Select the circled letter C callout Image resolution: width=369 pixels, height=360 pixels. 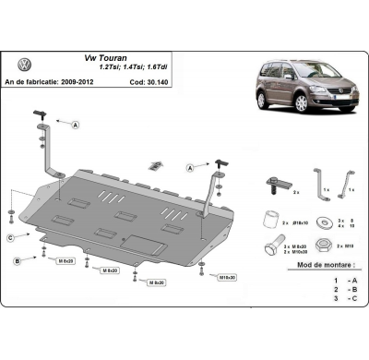click(x=10, y=238)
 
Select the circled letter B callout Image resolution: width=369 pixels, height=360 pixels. click(x=17, y=262)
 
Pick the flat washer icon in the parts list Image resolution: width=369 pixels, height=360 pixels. click(x=324, y=222)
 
